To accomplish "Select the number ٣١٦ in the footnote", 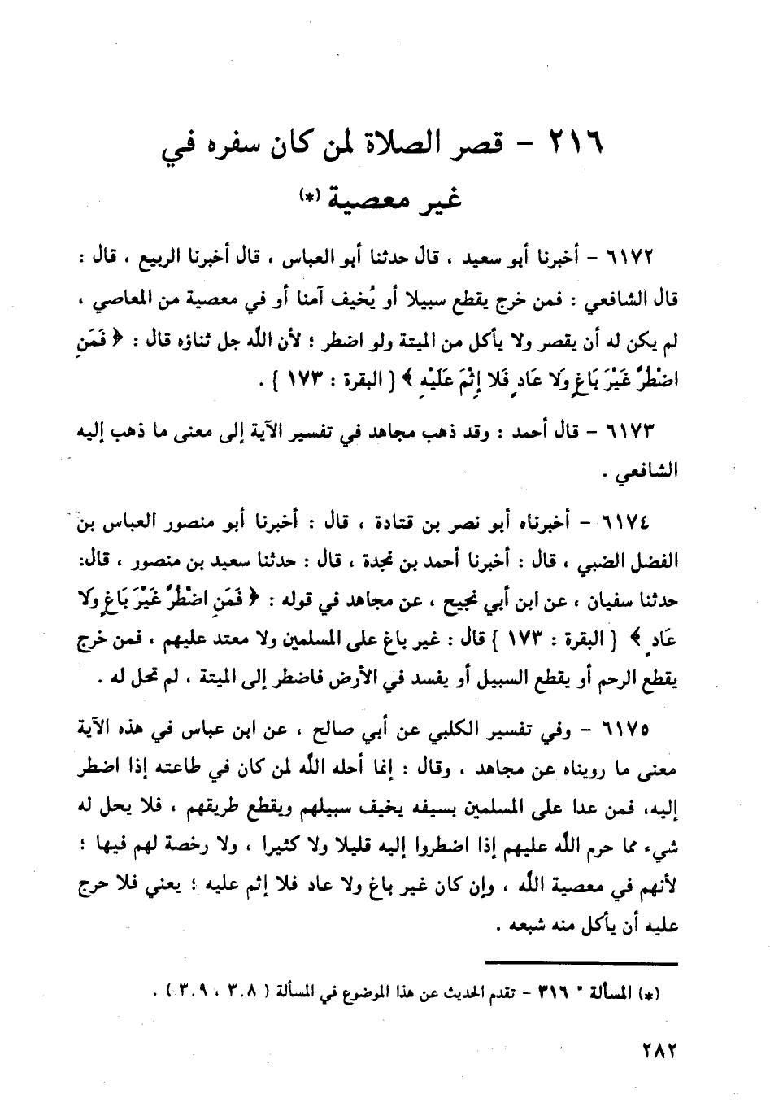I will (x=552, y=994).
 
